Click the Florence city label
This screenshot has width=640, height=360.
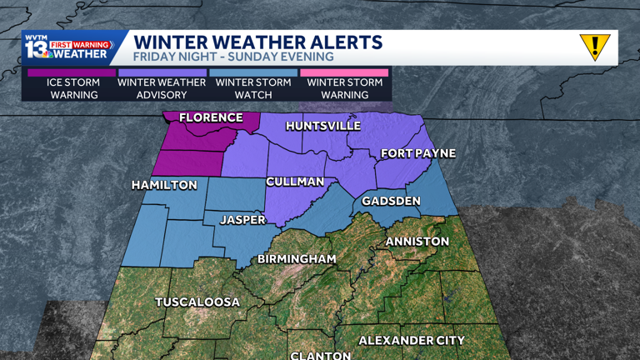click(x=211, y=117)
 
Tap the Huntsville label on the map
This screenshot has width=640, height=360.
click(x=322, y=126)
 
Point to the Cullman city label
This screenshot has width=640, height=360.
click(x=295, y=182)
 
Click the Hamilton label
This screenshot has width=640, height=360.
click(x=164, y=185)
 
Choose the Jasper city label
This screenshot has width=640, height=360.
click(x=242, y=220)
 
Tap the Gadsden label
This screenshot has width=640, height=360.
click(x=391, y=202)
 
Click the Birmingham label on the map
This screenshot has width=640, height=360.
click(x=297, y=259)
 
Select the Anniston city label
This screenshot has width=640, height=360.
click(x=417, y=242)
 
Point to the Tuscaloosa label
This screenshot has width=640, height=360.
click(x=197, y=302)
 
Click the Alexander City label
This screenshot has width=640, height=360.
click(x=412, y=340)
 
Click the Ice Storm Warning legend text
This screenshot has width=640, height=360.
click(x=73, y=88)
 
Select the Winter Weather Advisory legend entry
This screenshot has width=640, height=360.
click(x=162, y=88)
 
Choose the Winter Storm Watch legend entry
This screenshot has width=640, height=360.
click(x=253, y=88)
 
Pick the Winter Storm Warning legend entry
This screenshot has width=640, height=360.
click(x=344, y=88)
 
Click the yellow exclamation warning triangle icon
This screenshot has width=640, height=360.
click(x=595, y=47)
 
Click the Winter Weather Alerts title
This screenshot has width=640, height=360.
click(x=258, y=42)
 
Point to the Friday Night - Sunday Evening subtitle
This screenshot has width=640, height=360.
click(x=233, y=57)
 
